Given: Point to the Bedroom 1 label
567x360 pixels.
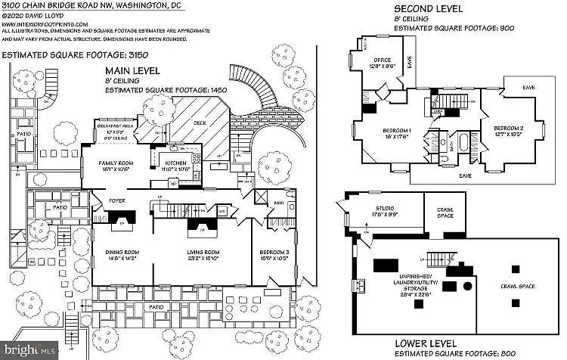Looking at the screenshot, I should (x=394, y=130).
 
